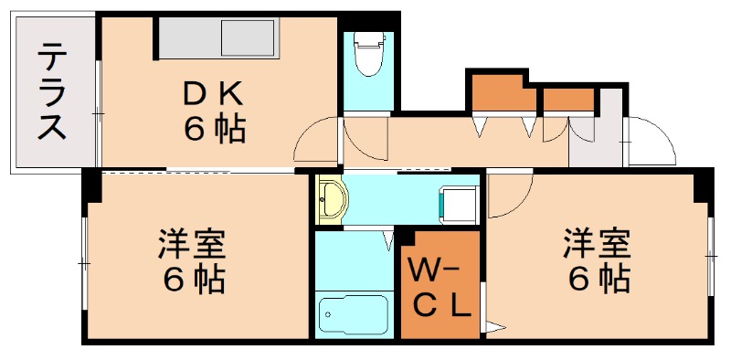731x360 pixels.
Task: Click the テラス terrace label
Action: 51,94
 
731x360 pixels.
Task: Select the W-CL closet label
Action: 440,287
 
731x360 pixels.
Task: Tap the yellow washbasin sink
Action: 331,200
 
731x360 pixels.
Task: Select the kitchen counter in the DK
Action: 218,40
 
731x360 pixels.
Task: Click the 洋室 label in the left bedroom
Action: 191,244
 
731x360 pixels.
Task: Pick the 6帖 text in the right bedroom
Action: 599,278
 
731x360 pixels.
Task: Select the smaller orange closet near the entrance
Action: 567,99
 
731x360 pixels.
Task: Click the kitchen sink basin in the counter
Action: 249,40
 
